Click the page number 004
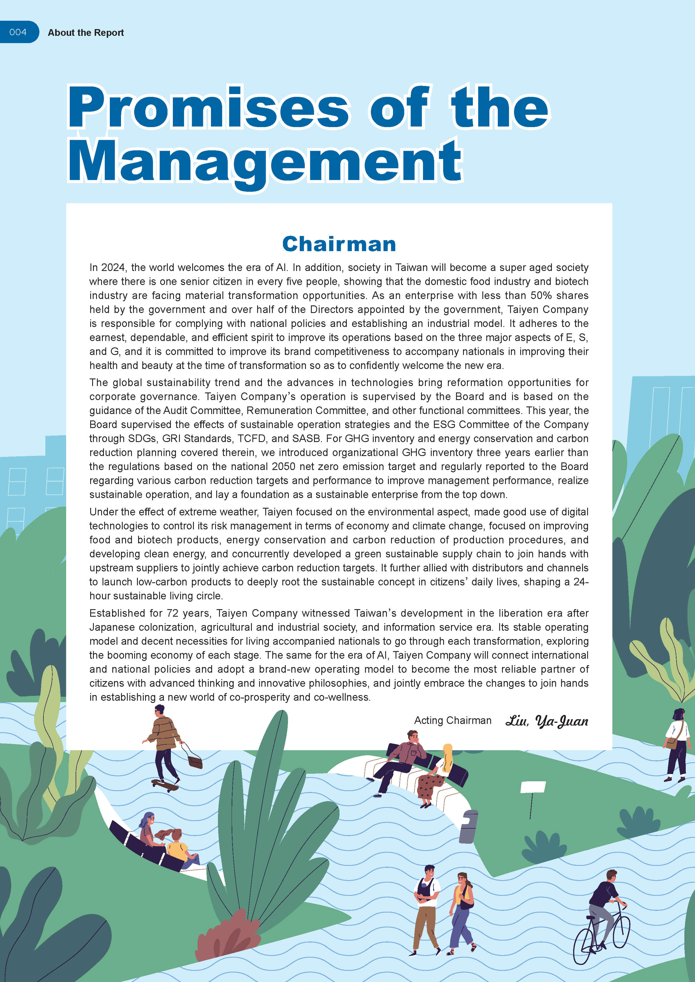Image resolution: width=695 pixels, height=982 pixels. pyautogui.click(x=18, y=32)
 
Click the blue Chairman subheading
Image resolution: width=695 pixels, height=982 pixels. pyautogui.click(x=339, y=244)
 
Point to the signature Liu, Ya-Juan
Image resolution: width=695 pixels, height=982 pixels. pyautogui.click(x=547, y=721)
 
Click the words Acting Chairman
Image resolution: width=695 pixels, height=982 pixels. pyautogui.click(x=452, y=721)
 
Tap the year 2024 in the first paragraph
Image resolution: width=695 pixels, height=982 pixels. pyautogui.click(x=113, y=268)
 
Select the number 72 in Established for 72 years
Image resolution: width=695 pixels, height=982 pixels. pyautogui.click(x=173, y=613)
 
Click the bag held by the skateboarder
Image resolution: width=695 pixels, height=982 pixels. pyautogui.click(x=195, y=762)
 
